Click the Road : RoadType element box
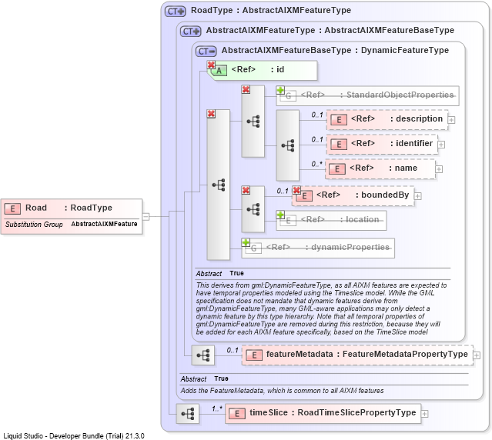click(x=72, y=216)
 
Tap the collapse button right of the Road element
click(x=146, y=216)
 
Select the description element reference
click(x=387, y=119)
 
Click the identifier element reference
click(x=382, y=144)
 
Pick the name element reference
click(x=380, y=168)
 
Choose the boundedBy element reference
click(x=353, y=195)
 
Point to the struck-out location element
click(x=331, y=220)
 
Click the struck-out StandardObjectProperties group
click(x=367, y=95)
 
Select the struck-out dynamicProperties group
click(x=318, y=248)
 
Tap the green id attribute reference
click(x=263, y=70)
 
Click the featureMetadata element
click(x=357, y=355)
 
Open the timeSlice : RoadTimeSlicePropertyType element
click(x=323, y=413)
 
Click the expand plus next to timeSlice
click(x=424, y=414)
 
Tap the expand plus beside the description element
click(x=451, y=120)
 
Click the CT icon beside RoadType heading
click(x=176, y=12)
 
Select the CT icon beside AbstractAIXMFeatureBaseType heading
click(x=206, y=51)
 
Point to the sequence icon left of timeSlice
click(x=188, y=414)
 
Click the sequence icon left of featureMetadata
click(x=203, y=355)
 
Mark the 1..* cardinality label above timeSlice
click(x=217, y=408)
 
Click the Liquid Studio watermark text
click(x=74, y=436)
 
